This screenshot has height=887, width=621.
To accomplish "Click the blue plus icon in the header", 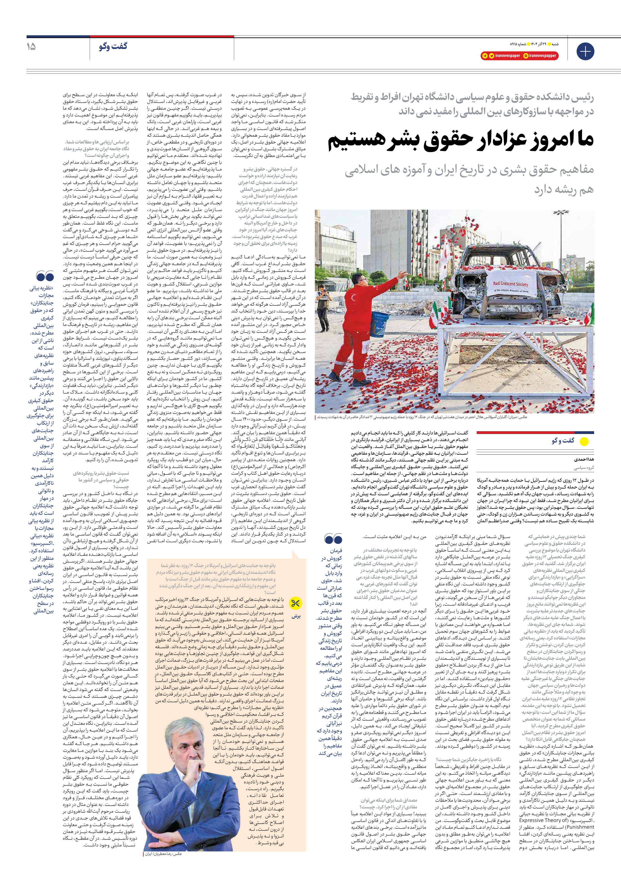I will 585,51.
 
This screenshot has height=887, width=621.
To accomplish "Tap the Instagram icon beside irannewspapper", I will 526,56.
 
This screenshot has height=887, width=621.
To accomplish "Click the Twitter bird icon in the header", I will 491,56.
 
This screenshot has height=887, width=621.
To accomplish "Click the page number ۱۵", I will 31,47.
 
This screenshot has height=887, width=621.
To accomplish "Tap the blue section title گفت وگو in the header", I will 113,46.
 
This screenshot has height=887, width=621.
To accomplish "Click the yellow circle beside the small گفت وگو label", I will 584,441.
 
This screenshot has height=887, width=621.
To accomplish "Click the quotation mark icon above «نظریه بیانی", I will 45,276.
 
